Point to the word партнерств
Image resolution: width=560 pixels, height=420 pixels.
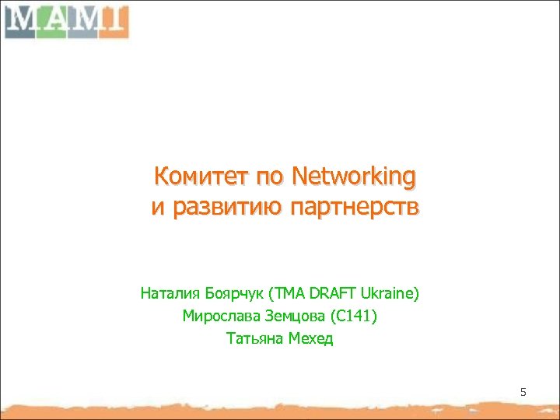354,208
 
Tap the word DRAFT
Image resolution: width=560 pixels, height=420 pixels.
330,294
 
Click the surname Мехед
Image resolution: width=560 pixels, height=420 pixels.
311,339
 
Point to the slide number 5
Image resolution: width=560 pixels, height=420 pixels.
523,393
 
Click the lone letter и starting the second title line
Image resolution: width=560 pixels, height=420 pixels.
157,208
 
